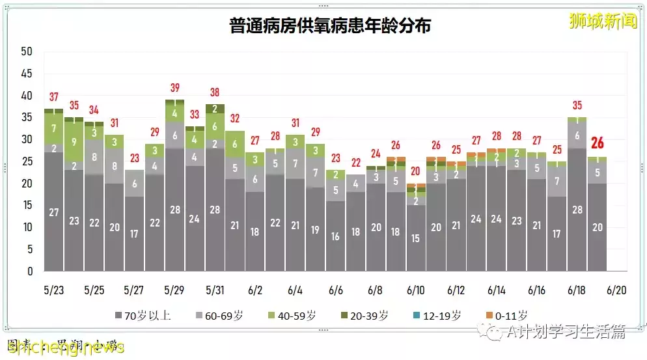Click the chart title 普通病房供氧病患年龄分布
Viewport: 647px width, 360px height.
(330, 26)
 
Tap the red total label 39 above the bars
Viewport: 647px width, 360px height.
(174, 88)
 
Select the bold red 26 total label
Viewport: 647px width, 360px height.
(597, 143)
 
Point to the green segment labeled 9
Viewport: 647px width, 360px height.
(74, 141)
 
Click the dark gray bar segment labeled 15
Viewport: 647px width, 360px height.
(416, 238)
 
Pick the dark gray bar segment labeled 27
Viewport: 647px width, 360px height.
(54, 212)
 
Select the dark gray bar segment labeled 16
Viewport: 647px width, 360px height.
(335, 236)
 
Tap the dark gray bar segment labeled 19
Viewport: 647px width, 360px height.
(315, 230)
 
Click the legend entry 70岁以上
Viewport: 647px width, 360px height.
(143, 316)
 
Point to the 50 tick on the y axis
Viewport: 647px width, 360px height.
(27, 51)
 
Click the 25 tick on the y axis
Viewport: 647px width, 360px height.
(27, 161)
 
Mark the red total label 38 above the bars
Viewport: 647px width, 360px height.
(215, 92)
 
